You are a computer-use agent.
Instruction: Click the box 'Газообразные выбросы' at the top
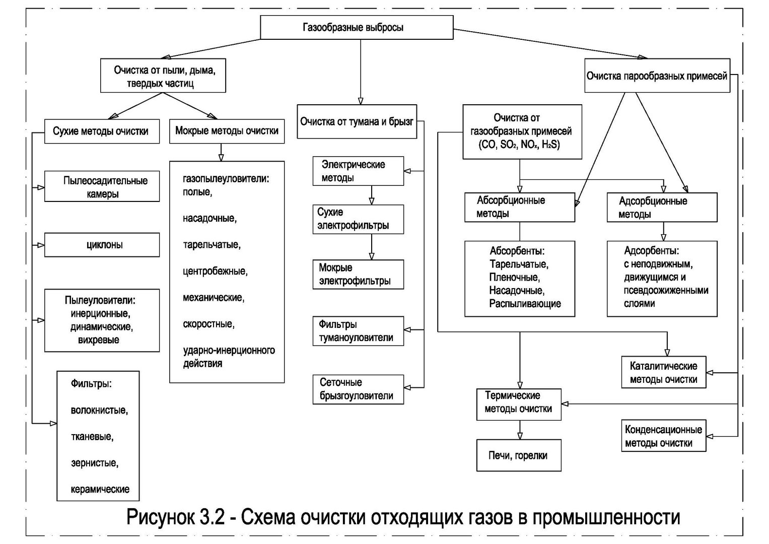click(357, 27)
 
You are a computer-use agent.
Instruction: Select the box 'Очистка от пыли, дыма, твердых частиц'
click(163, 75)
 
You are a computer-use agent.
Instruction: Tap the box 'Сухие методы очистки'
click(102, 131)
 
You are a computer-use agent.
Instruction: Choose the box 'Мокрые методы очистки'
click(227, 131)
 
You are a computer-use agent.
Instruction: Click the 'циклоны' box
click(102, 245)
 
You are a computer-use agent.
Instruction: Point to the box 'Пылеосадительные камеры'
click(102, 186)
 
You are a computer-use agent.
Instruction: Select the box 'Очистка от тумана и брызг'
click(357, 121)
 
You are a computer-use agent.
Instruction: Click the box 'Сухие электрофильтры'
click(358, 220)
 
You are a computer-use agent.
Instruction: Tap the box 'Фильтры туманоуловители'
click(358, 331)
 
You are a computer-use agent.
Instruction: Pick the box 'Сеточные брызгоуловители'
click(358, 389)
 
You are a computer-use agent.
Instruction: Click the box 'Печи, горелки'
click(519, 455)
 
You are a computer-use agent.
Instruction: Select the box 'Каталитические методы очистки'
click(664, 372)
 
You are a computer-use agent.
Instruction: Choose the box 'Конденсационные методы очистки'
click(664, 436)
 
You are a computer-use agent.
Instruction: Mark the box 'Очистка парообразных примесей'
click(657, 75)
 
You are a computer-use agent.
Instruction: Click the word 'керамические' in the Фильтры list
click(100, 490)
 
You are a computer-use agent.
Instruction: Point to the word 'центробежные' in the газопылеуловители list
click(215, 271)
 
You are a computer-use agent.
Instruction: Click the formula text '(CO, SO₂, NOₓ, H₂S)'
click(519, 145)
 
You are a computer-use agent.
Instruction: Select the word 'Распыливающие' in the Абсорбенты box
click(525, 304)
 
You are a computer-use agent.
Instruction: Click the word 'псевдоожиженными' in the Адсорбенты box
click(666, 290)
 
